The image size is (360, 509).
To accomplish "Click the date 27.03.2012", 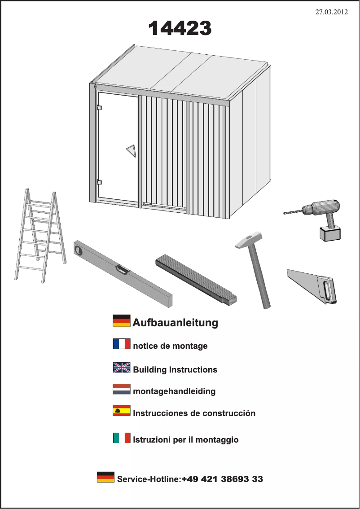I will pyautogui.click(x=331, y=13).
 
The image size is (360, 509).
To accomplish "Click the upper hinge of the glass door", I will pyautogui.click(x=99, y=108).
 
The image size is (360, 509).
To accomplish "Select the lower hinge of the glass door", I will pyautogui.click(x=99, y=182).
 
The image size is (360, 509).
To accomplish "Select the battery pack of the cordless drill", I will pyautogui.click(x=330, y=233).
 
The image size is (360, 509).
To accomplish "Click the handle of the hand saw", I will pyautogui.click(x=326, y=289).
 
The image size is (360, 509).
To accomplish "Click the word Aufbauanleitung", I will pyautogui.click(x=175, y=322).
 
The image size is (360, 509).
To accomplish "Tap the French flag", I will pyautogui.click(x=121, y=344).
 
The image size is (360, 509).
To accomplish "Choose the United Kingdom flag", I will pyautogui.click(x=121, y=368).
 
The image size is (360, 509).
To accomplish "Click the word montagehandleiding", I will pyautogui.click(x=174, y=391).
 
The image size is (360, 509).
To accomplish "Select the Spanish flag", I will pyautogui.click(x=121, y=411).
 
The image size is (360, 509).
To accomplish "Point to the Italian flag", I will pyautogui.click(x=121, y=438).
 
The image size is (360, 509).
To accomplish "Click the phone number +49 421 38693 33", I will pyautogui.click(x=222, y=479).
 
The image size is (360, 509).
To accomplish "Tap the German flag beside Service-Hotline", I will pyautogui.click(x=105, y=477).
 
